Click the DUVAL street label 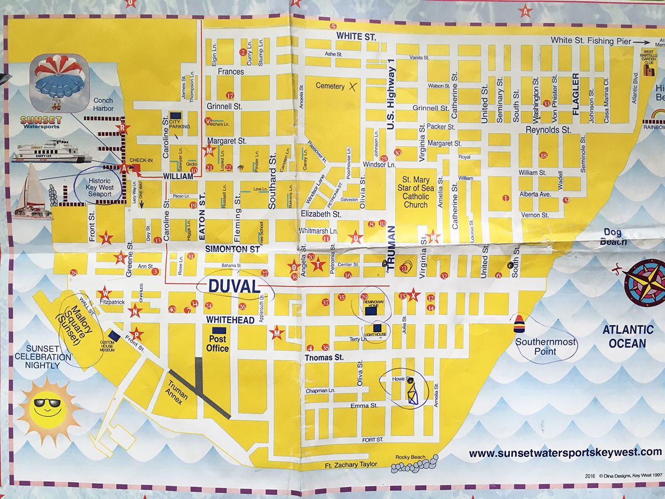pyautogui.click(x=234, y=286)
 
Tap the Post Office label pyautogui.click(x=217, y=343)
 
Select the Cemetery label pyautogui.click(x=330, y=86)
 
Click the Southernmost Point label pyautogui.click(x=546, y=347)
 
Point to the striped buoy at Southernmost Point pyautogui.click(x=518, y=323)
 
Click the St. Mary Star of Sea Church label pyautogui.click(x=416, y=192)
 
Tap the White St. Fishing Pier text pyautogui.click(x=591, y=41)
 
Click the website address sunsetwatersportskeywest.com pyautogui.click(x=565, y=453)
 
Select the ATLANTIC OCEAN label pyautogui.click(x=627, y=336)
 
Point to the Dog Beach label pyautogui.click(x=613, y=237)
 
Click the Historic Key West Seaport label pyautogui.click(x=99, y=187)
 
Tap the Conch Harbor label pyautogui.click(x=103, y=104)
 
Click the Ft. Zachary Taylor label pyautogui.click(x=351, y=465)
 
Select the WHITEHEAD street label pyautogui.click(x=230, y=320)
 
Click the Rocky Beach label pyautogui.click(x=410, y=457)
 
